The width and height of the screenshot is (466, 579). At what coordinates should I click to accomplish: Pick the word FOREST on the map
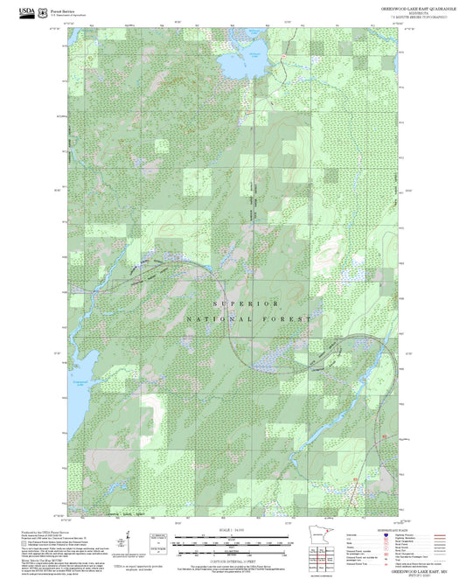[x=287, y=320]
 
